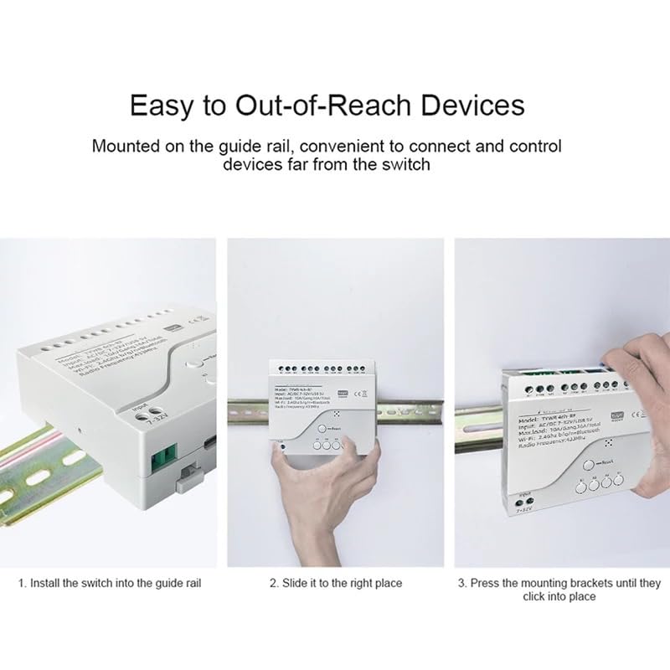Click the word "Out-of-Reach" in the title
(310, 106)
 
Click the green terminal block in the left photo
(163, 460)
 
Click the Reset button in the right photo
(590, 464)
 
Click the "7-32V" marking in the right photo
(525, 508)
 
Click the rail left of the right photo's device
(477, 415)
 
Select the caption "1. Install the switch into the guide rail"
(110, 583)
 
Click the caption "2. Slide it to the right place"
(335, 583)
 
